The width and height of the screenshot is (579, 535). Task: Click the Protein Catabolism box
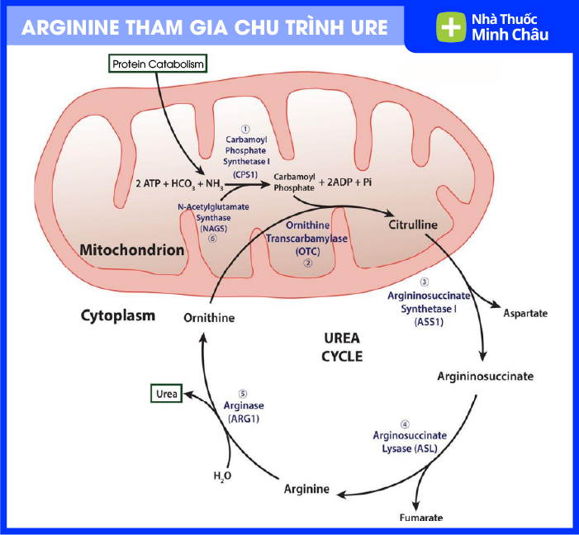coord(157,64)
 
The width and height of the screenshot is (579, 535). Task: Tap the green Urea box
coord(166,395)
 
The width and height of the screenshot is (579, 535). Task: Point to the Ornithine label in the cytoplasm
coord(209,318)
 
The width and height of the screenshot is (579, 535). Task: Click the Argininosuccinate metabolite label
coord(485,376)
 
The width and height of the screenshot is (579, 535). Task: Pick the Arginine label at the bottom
coord(306,490)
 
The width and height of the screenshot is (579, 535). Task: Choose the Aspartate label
coord(525,314)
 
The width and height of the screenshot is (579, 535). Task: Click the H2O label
coord(222,476)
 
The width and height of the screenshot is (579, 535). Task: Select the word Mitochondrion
coord(131,249)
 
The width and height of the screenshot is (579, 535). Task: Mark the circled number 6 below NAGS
coord(212,239)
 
